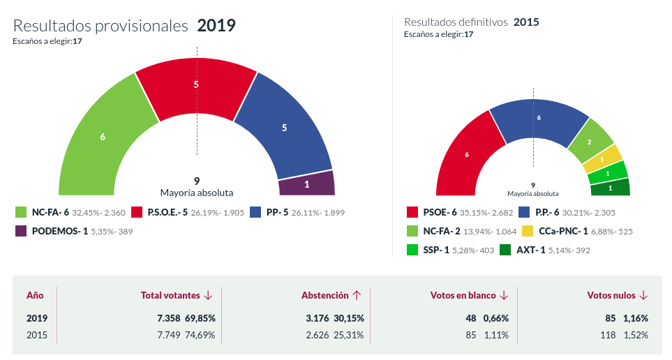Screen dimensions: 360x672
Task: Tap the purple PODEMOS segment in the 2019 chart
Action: (306, 185)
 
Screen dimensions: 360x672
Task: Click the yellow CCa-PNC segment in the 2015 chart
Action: (602, 159)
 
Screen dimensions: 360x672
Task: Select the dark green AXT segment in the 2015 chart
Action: (610, 187)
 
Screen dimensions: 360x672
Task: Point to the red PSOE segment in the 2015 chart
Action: (466, 154)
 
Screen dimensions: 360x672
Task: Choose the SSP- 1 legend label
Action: (437, 249)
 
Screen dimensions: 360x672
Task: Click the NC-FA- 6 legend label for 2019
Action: (50, 213)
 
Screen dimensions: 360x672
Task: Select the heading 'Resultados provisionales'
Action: (101, 26)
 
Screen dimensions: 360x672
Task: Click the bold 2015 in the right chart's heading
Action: (526, 22)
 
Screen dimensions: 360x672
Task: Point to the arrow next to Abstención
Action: (356, 296)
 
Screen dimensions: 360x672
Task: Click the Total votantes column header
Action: (171, 296)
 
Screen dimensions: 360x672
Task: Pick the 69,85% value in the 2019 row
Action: (200, 318)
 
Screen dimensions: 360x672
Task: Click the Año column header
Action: (35, 296)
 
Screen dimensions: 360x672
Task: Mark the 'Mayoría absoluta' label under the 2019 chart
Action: (197, 193)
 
